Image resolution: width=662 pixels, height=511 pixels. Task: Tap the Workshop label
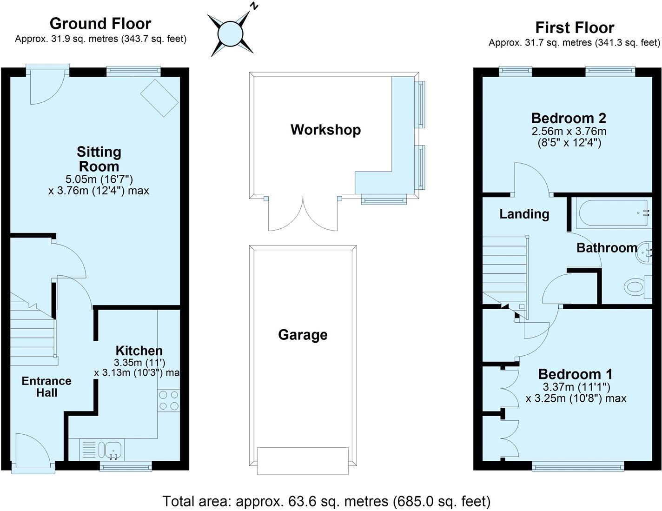(325, 130)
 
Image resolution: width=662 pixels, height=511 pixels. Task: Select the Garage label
(303, 335)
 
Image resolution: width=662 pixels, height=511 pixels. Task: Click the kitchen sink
(113, 450)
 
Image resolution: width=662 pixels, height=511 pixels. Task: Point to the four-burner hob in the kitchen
(169, 400)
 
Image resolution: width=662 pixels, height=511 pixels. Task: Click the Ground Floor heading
(100, 24)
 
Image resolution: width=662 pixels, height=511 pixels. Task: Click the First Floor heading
(575, 28)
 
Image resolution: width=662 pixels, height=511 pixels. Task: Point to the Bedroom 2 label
(569, 118)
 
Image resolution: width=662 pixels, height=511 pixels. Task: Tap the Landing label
(524, 214)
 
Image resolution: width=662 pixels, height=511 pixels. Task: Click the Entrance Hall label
(46, 387)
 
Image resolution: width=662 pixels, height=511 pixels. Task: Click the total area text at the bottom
(326, 501)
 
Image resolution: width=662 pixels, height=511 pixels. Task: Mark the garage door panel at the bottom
(303, 461)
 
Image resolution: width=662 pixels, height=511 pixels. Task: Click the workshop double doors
(303, 214)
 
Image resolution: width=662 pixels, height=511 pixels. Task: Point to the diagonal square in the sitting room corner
(159, 97)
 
